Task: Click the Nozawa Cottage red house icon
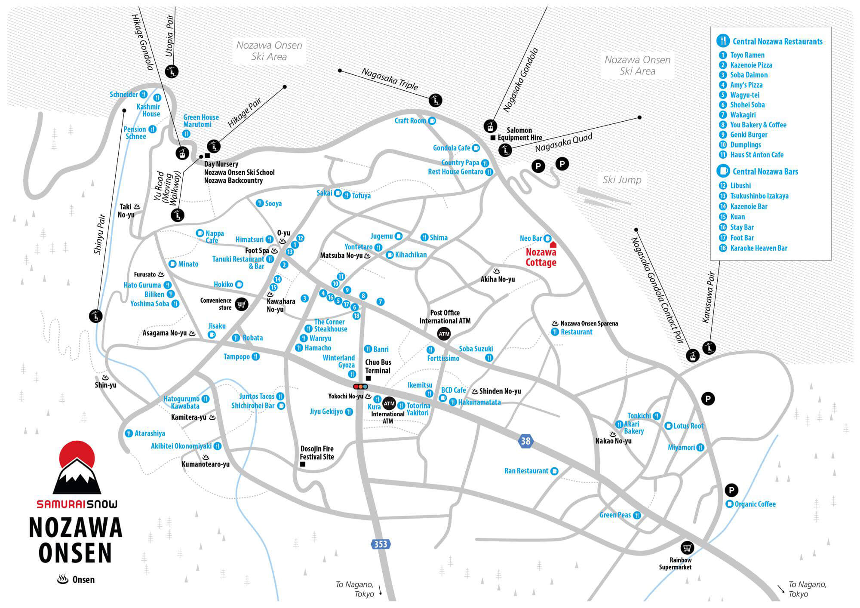click(553, 245)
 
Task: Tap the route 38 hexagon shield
click(525, 441)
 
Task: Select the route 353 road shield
click(381, 544)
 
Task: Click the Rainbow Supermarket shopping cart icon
click(687, 548)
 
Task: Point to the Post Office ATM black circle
click(444, 334)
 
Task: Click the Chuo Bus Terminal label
click(378, 366)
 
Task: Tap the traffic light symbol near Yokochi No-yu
click(360, 387)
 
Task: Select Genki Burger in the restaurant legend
click(749, 135)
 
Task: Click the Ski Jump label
click(622, 180)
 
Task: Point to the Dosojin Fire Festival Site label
click(317, 453)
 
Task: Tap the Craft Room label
click(410, 121)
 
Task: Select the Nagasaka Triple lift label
click(390, 79)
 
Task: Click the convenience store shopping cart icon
click(242, 304)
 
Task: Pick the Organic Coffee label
click(755, 504)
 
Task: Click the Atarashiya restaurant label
click(150, 433)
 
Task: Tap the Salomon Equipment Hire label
click(519, 134)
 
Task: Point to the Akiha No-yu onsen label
click(498, 279)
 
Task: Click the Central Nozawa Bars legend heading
click(765, 172)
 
